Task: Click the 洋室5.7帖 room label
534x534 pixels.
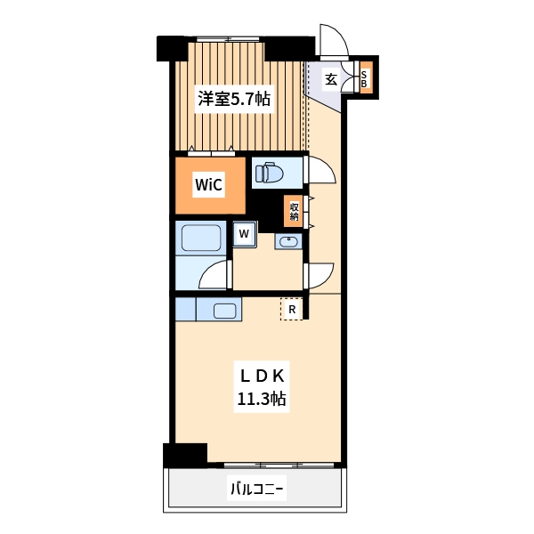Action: click(234, 101)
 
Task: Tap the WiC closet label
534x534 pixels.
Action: click(208, 185)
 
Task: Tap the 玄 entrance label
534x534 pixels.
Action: click(330, 79)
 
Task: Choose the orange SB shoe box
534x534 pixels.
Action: click(365, 78)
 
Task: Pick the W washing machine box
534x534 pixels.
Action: click(244, 233)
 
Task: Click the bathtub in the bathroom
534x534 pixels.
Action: click(201, 239)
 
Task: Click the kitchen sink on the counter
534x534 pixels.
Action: click(224, 311)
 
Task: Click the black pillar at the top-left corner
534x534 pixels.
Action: click(168, 48)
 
